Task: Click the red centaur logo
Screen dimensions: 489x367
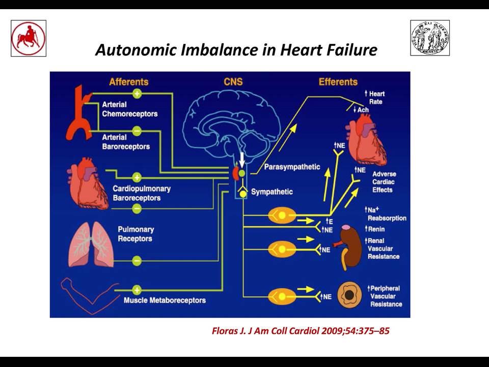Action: [29, 38]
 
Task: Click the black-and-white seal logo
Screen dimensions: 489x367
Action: [430, 38]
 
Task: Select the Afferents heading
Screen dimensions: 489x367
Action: [128, 82]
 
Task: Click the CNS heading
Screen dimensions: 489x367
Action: [233, 82]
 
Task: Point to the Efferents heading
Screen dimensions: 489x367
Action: [338, 82]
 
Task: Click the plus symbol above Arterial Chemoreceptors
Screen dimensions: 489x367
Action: [137, 93]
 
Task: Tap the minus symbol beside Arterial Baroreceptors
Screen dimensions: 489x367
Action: [137, 131]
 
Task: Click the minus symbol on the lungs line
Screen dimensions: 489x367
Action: [137, 260]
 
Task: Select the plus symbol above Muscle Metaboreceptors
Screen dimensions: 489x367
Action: [137, 290]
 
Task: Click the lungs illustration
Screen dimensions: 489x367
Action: [91, 245]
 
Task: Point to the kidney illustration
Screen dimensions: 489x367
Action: [350, 247]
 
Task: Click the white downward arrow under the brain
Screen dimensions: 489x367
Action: [242, 160]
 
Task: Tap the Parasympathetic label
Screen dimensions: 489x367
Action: [292, 167]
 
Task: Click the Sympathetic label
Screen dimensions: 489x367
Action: [272, 192]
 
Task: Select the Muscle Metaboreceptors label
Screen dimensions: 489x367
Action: [165, 300]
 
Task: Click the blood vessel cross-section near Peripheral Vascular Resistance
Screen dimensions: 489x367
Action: [349, 295]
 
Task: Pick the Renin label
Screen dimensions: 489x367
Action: [375, 229]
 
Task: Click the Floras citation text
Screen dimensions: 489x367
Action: [301, 331]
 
